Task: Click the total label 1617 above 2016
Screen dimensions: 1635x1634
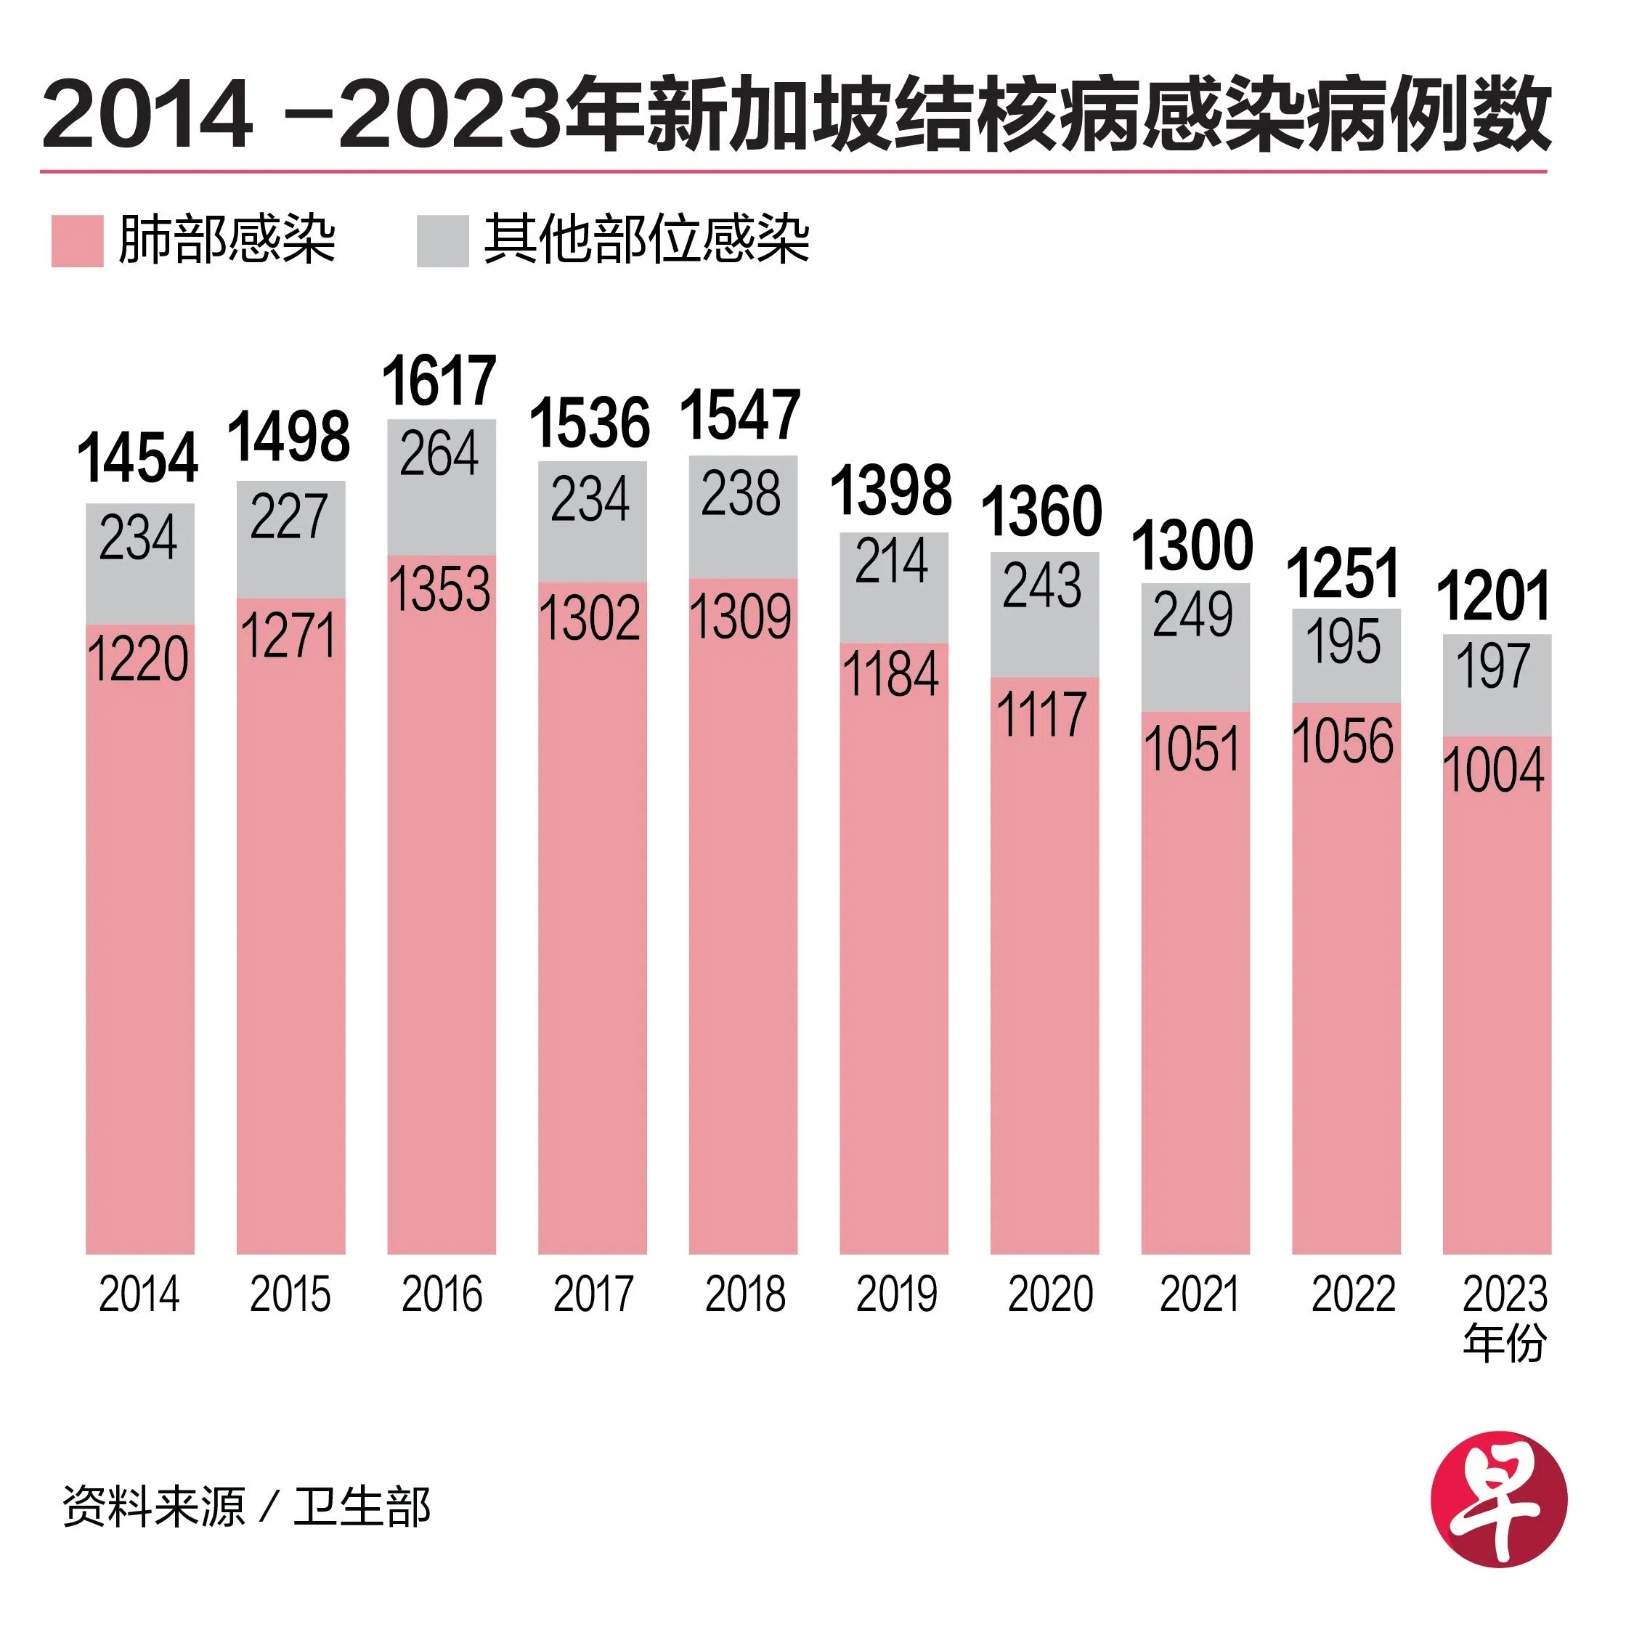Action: click(x=439, y=381)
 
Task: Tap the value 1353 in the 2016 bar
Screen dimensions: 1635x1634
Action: click(x=440, y=589)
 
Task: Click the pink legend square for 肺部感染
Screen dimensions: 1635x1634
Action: click(x=77, y=241)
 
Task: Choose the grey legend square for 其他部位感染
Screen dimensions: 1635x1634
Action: click(x=442, y=241)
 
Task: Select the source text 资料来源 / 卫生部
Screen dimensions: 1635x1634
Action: click(x=246, y=1507)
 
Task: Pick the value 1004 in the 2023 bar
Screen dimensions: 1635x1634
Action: click(x=1494, y=770)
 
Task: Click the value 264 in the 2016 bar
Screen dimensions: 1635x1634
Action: click(x=439, y=454)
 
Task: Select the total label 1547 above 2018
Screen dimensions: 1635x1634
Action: click(x=741, y=415)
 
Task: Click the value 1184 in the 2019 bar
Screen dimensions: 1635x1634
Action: click(x=891, y=675)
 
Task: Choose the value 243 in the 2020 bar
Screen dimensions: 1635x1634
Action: click(x=1043, y=585)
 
